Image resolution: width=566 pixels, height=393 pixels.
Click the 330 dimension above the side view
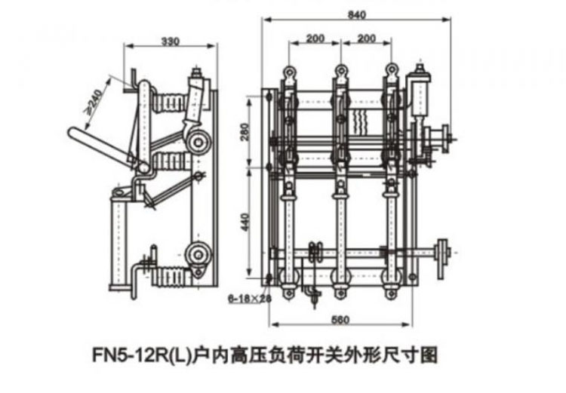[x=171, y=41]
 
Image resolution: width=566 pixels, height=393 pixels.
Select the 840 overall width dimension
[x=358, y=14]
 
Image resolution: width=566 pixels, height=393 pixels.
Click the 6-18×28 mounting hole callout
[x=249, y=299]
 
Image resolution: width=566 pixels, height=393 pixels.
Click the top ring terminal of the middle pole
[x=340, y=72]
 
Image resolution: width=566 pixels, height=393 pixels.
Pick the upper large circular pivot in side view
[x=198, y=141]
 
